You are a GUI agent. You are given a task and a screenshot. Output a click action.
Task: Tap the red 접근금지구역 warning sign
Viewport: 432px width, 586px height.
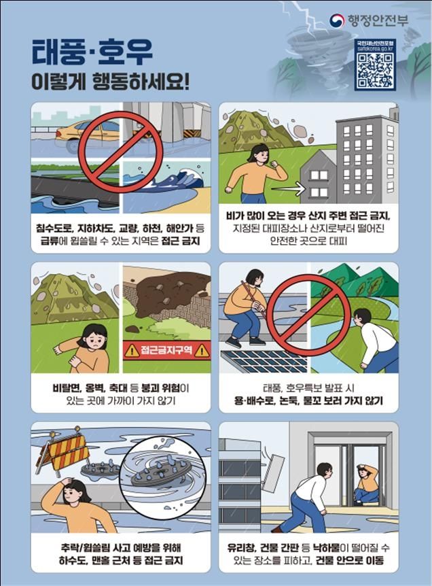coord(166,351)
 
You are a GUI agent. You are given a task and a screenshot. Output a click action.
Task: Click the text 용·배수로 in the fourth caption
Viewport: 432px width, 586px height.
coord(253,402)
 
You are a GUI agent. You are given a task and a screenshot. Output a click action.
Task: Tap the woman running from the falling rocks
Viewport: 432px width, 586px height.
coord(253,174)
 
